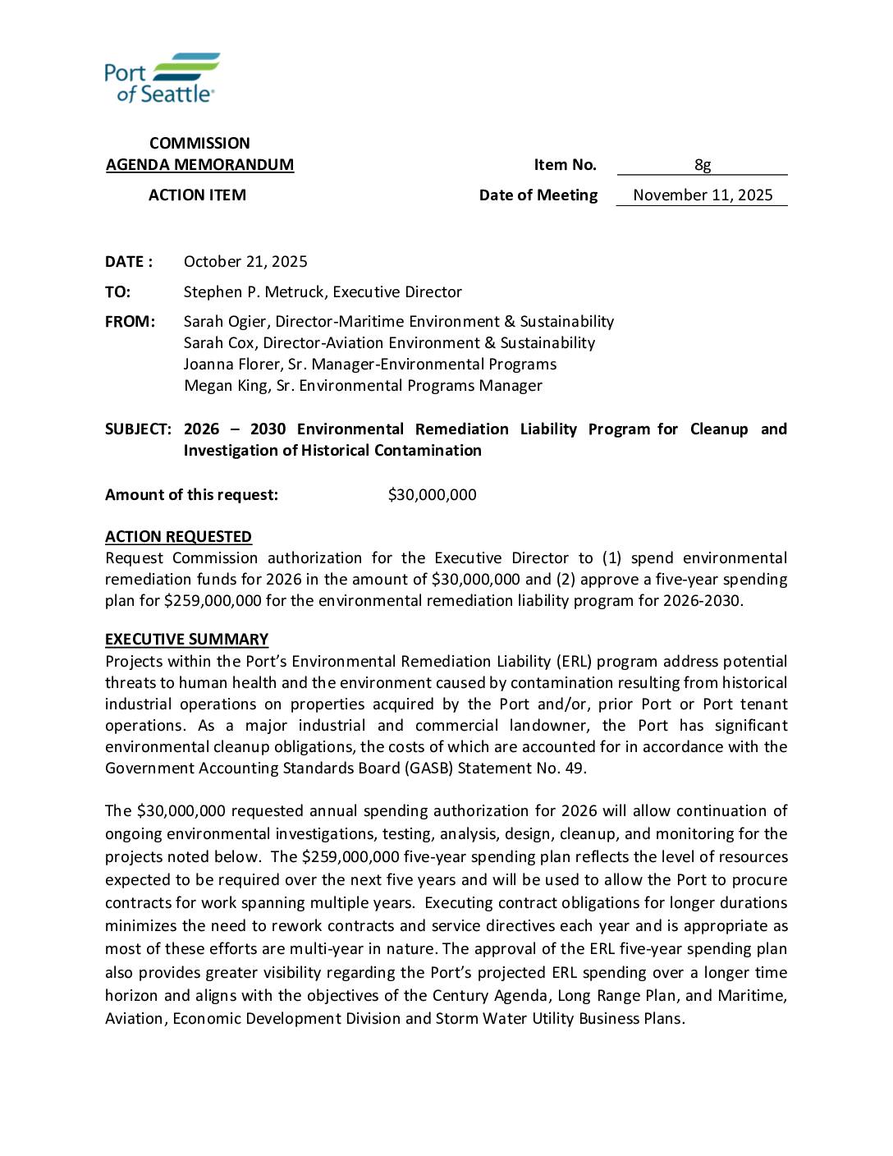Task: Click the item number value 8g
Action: coord(703,165)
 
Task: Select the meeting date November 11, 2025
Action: coord(703,195)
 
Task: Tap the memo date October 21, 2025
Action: coord(245,262)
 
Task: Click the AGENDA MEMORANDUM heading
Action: coord(199,165)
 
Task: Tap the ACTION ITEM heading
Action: coord(197,195)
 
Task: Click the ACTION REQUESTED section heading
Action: coord(178,537)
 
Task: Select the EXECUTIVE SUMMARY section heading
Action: coord(186,640)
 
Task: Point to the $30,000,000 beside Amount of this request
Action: coord(432,495)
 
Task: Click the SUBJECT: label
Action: coord(138,429)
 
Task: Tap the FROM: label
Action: coord(130,322)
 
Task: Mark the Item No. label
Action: coord(565,165)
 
